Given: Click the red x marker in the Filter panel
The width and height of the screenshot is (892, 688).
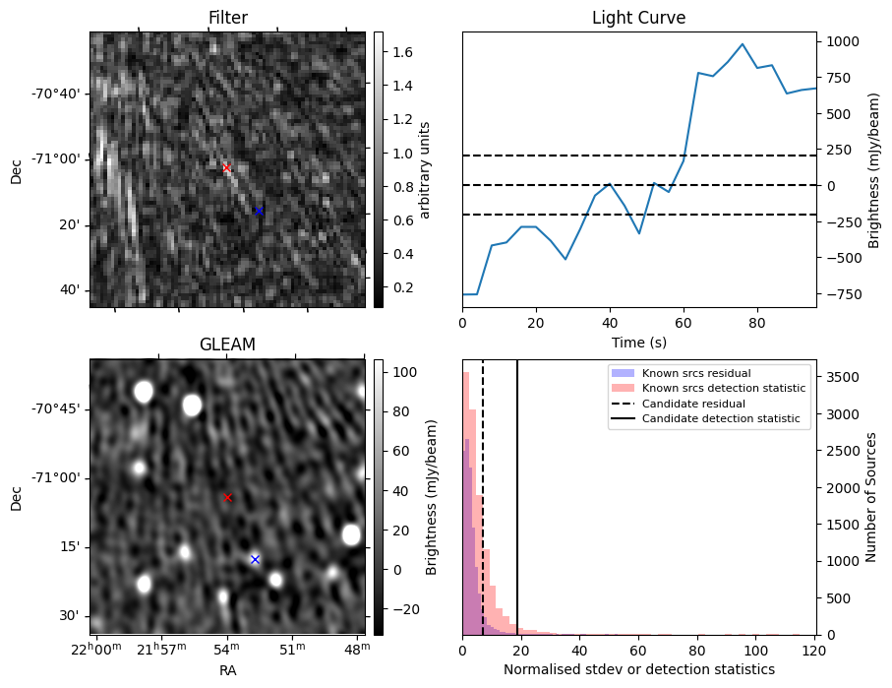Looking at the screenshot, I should (227, 168).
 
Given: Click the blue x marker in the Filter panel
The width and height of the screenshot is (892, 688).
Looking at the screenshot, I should (259, 211).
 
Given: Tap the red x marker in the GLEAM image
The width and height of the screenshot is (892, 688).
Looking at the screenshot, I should (227, 498).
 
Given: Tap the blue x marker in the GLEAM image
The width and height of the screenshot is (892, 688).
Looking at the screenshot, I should (255, 559).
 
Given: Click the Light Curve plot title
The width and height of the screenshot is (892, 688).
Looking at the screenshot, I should (638, 19).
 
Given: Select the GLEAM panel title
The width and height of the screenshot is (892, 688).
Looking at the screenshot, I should (227, 344).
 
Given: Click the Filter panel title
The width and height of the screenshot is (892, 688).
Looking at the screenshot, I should (227, 19).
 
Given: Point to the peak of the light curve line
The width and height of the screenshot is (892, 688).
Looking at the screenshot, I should (743, 44).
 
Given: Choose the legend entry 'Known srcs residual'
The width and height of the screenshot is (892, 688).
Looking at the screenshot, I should (696, 374).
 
